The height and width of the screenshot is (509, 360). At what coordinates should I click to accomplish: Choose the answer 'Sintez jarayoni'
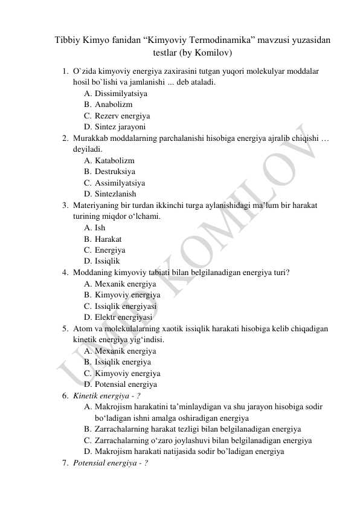tap(120, 127)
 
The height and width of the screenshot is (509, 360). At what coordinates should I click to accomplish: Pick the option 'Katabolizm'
tap(115, 161)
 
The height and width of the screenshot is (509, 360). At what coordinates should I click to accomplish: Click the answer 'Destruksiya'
tap(115, 172)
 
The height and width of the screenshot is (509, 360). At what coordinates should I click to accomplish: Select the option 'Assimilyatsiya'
tap(120, 183)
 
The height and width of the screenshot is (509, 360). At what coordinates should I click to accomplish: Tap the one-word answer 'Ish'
tap(100, 228)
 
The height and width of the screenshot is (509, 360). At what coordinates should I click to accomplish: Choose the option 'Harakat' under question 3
tap(108, 239)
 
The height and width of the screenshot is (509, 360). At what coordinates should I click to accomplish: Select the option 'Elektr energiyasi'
tap(123, 317)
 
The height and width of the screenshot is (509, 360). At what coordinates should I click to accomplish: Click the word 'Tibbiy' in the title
tap(68, 40)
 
